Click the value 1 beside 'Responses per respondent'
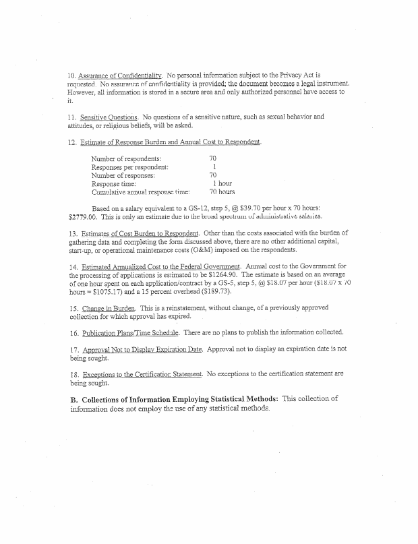pos(214,167)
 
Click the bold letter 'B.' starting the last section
pos(74,399)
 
